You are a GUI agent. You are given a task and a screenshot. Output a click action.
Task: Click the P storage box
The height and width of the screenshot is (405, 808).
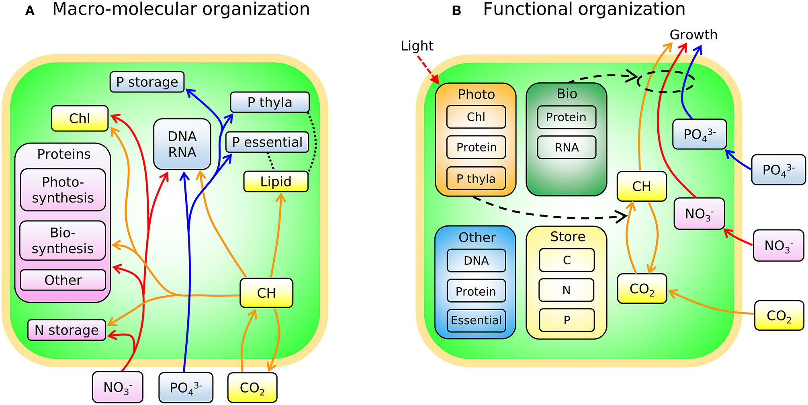[147, 82]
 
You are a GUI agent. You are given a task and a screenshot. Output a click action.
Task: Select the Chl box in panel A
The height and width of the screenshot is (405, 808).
[80, 119]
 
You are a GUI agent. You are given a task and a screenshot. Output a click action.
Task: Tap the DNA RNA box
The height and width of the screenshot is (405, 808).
[182, 144]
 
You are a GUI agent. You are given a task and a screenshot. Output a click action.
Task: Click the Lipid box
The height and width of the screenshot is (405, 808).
[276, 182]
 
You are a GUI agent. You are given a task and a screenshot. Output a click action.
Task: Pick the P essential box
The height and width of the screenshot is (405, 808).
[267, 142]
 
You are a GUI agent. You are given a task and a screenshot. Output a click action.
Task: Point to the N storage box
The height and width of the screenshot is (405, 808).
[67, 330]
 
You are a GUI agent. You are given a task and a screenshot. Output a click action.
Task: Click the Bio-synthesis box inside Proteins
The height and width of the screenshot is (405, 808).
[63, 241]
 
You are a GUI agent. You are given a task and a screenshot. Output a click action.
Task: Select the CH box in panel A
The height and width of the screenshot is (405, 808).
[266, 293]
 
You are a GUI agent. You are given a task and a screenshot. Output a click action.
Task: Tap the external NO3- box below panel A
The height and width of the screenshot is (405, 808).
[117, 387]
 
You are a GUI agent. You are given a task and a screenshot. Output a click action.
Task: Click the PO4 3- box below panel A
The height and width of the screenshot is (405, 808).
[186, 388]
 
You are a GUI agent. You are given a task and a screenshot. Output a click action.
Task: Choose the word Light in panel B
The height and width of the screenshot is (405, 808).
[417, 46]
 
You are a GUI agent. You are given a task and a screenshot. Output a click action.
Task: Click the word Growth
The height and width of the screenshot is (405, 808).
[693, 35]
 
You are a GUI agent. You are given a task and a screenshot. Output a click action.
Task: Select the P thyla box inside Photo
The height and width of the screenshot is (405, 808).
[476, 178]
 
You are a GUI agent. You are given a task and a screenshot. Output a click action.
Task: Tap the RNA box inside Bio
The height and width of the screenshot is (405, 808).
[567, 147]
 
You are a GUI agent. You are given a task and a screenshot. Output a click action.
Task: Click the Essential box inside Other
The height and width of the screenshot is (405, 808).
[476, 320]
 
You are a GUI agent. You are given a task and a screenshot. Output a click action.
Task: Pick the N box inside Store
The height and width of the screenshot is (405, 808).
[567, 290]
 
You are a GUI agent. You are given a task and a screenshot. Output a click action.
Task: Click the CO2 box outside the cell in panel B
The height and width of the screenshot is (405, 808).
[779, 316]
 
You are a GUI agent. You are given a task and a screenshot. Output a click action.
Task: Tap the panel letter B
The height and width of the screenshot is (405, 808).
[456, 11]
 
